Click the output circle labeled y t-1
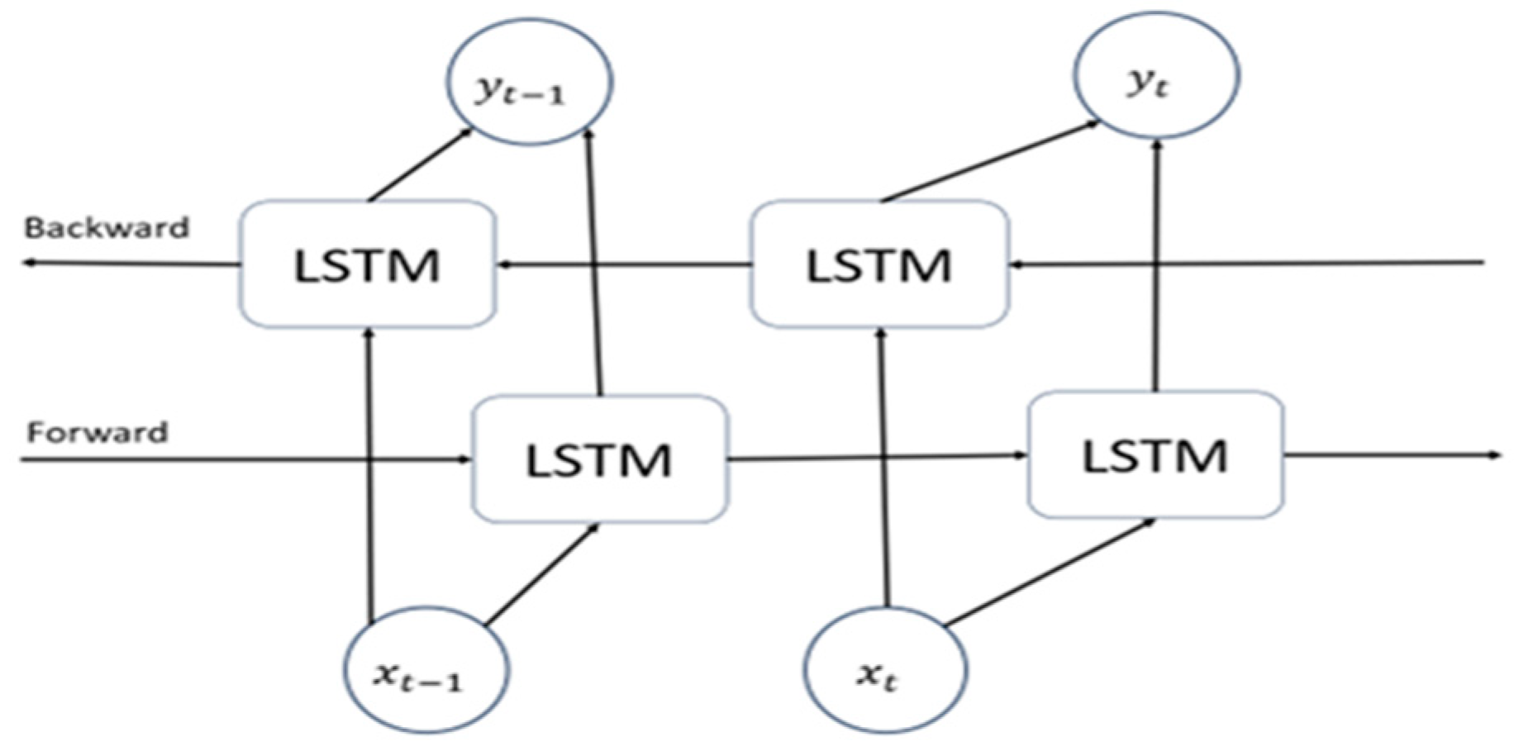point(529,82)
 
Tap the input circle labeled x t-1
point(426,669)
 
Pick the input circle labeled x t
point(885,669)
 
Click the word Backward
point(107,227)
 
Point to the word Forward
point(98,432)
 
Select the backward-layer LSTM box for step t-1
point(368,264)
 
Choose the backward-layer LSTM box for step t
point(878,264)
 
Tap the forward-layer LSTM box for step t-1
point(599,459)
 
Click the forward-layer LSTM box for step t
point(1155,455)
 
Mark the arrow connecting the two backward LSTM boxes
point(624,264)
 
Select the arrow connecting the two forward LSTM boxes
point(876,456)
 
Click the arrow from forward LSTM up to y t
point(1157,264)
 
